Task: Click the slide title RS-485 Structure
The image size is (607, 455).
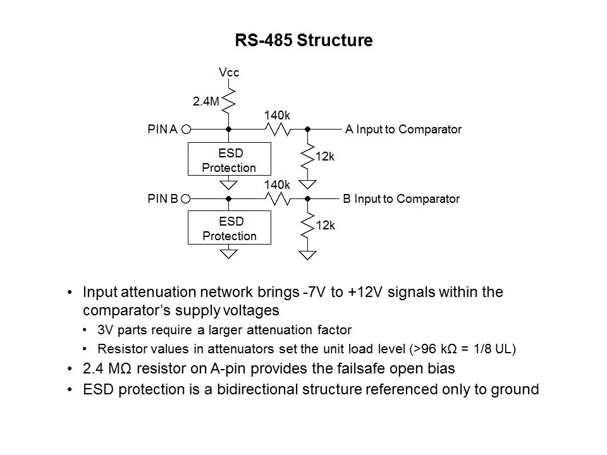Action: point(303,41)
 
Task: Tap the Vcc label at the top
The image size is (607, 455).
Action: point(229,73)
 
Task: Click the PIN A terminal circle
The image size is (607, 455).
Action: point(187,130)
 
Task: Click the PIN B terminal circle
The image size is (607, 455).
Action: point(187,199)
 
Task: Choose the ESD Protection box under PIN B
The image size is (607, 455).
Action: point(229,228)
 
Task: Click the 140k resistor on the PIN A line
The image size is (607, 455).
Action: point(276,130)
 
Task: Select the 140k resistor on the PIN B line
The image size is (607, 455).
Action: point(276,199)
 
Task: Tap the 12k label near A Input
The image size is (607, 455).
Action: point(324,156)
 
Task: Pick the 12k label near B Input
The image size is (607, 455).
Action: point(324,225)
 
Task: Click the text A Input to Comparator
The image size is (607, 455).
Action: point(403,130)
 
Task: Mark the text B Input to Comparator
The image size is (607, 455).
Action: point(401,199)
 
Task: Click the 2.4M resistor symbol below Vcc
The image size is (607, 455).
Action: point(229,99)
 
